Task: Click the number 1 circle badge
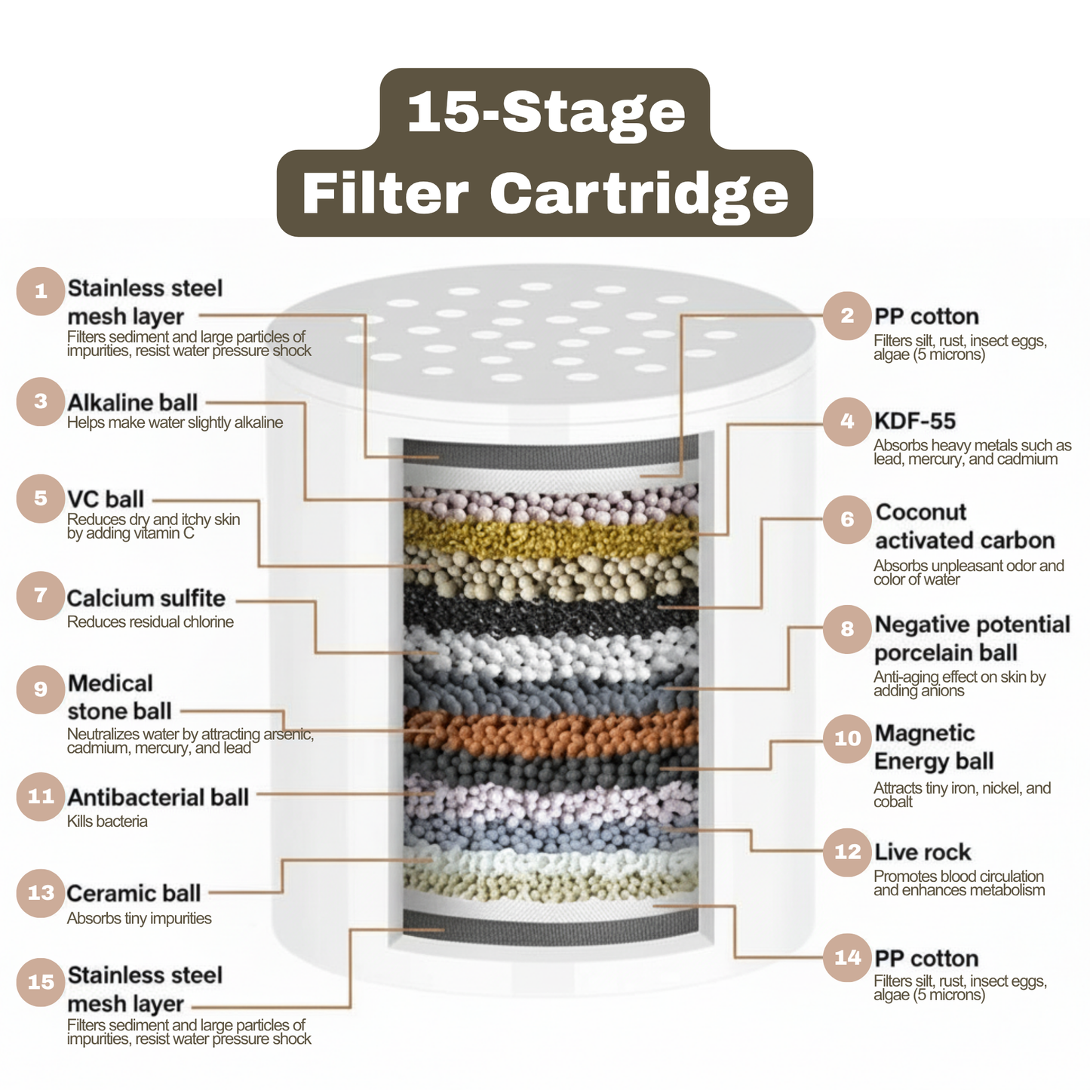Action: pyautogui.click(x=41, y=291)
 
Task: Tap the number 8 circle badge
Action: pyautogui.click(x=847, y=628)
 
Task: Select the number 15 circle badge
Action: pyautogui.click(x=41, y=982)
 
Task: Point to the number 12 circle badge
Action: pyautogui.click(x=847, y=852)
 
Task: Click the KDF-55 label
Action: pyautogui.click(x=914, y=421)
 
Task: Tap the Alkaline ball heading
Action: pyautogui.click(x=132, y=402)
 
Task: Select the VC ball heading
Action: pyautogui.click(x=105, y=499)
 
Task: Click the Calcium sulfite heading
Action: pyautogui.click(x=146, y=598)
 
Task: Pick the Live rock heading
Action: pyautogui.click(x=922, y=852)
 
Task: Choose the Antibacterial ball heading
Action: pyautogui.click(x=158, y=797)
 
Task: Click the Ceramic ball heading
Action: pyautogui.click(x=134, y=893)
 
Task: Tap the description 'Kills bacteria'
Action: pyautogui.click(x=107, y=821)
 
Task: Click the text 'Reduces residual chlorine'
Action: pyautogui.click(x=150, y=622)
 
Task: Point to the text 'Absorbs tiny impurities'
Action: pyautogui.click(x=139, y=919)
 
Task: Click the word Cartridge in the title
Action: pyautogui.click(x=639, y=193)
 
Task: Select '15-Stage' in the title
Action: pyautogui.click(x=545, y=112)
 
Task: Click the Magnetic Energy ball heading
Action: pyautogui.click(x=933, y=747)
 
